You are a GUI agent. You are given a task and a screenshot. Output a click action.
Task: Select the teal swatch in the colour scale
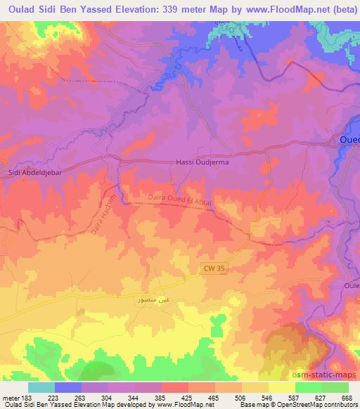[x=41, y=387]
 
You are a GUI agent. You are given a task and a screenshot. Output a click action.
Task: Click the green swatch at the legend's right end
[x=335, y=387]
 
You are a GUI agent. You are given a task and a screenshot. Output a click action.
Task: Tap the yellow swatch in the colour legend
[x=281, y=387]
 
